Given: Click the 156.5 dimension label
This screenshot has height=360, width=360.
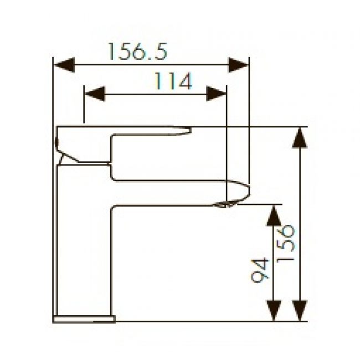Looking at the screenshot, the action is pos(137,52).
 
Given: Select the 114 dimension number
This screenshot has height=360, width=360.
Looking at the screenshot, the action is pos(173,81).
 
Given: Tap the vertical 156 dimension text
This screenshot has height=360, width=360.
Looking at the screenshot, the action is pos(286,243).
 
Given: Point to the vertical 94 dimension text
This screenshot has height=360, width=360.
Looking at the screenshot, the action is pos(260,270).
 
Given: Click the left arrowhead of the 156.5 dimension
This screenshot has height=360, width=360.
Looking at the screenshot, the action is pos(64,65).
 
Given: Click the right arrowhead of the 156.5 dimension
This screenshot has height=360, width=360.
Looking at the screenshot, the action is pos(239,65).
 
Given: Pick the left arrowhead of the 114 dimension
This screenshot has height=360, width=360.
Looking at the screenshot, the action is pos(95,94).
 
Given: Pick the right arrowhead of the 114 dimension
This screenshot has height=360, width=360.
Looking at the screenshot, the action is pos(216,94).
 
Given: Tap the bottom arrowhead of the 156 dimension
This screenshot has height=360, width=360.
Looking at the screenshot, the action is pos(300,310).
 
